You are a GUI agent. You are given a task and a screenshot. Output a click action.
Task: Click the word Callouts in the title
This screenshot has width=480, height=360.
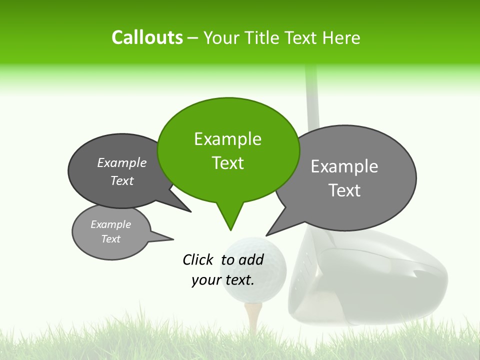pos(147,37)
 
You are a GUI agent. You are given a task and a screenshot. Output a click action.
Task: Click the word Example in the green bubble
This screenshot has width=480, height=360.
pos(227,139)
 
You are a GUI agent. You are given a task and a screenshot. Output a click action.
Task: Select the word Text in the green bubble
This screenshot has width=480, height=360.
pos(227,163)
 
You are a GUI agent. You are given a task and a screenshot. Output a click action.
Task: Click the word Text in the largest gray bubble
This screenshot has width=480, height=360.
pos(345,190)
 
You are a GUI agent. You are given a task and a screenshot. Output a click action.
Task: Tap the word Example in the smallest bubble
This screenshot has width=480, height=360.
pos(110,224)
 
